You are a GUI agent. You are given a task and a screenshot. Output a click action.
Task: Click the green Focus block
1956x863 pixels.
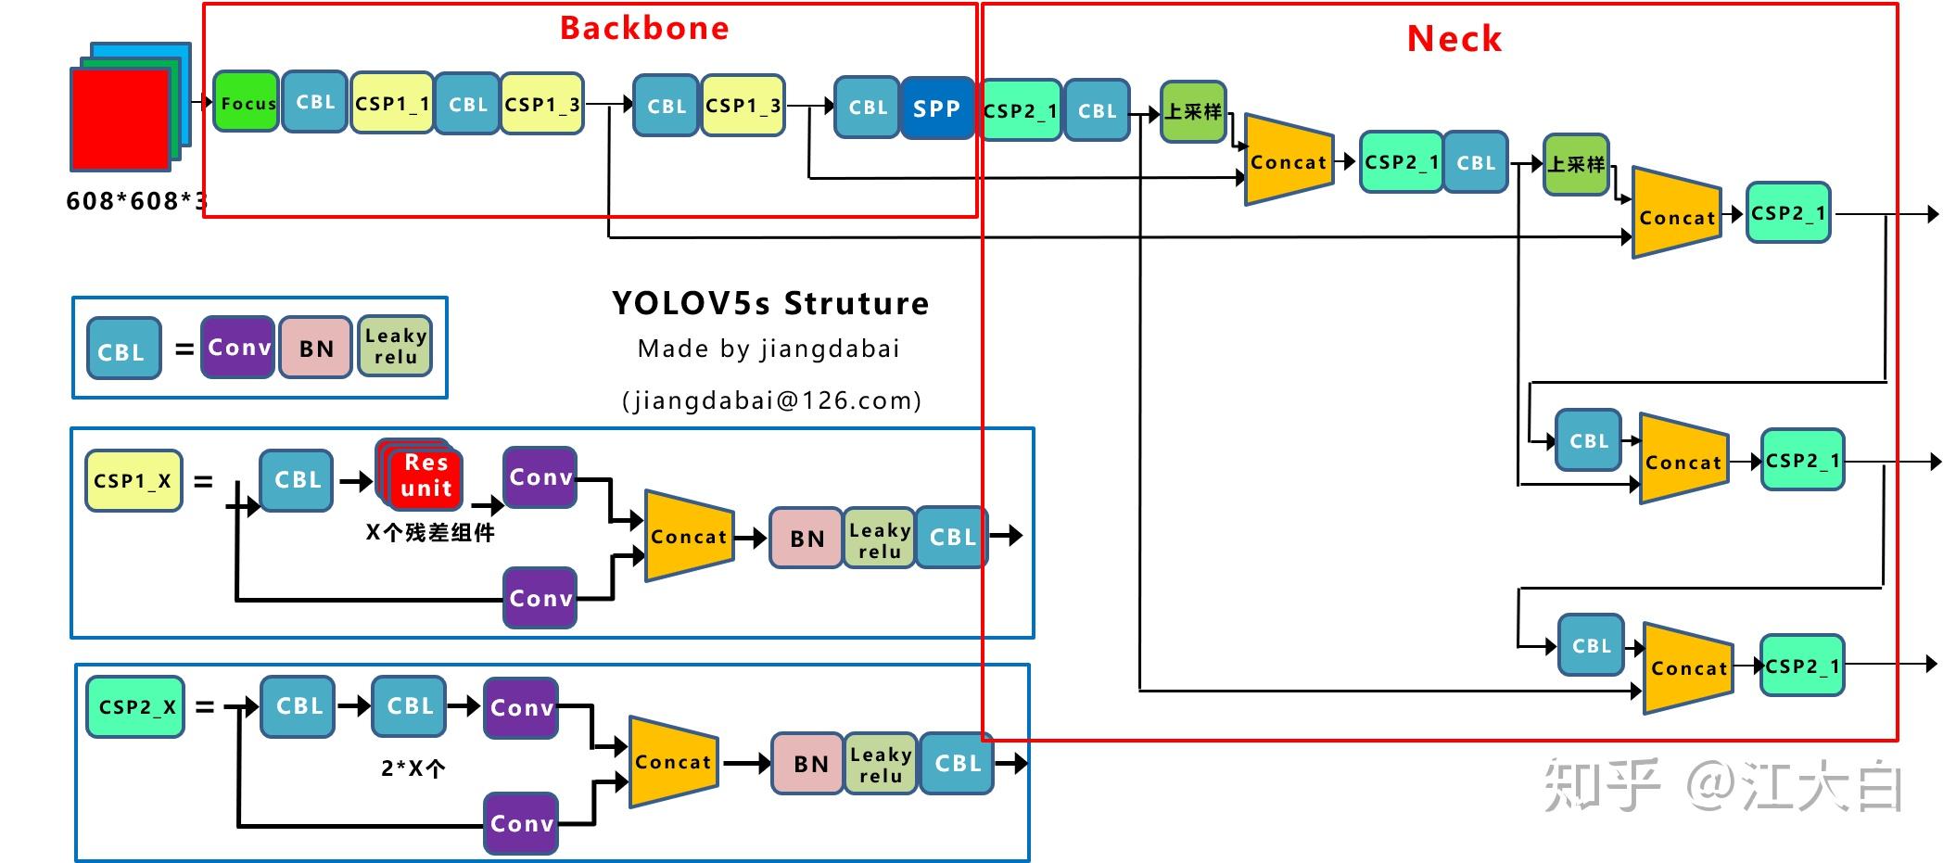click(246, 102)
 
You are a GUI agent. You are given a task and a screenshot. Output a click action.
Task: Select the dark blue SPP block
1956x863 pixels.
click(936, 108)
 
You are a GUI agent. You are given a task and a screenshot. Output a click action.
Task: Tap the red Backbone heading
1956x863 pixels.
click(644, 29)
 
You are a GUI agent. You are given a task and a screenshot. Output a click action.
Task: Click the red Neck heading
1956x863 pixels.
click(1454, 39)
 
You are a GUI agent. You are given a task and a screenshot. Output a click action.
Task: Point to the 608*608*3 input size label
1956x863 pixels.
click(135, 201)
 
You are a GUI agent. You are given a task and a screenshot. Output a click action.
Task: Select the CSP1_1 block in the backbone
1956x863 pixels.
click(392, 103)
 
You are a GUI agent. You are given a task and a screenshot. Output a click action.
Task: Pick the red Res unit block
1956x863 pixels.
click(425, 476)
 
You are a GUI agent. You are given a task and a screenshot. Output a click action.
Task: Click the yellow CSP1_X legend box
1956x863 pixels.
click(133, 481)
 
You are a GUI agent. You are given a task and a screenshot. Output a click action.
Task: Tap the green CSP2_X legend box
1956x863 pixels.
click(136, 706)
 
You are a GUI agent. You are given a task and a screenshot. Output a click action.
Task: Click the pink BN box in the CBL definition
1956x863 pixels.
click(316, 348)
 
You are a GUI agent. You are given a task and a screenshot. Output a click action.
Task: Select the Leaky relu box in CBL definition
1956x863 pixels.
click(395, 347)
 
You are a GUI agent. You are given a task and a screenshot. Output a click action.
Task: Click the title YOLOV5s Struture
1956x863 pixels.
click(769, 304)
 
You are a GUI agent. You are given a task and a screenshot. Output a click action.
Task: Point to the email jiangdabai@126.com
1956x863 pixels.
click(771, 400)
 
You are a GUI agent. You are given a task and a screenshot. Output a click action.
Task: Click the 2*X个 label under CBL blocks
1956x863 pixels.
click(413, 768)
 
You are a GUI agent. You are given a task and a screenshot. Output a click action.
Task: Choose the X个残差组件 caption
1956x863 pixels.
click(430, 533)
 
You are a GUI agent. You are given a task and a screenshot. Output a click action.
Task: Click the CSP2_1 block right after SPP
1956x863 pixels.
click(1020, 110)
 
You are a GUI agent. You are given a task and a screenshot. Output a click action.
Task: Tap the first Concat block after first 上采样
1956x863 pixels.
click(1289, 161)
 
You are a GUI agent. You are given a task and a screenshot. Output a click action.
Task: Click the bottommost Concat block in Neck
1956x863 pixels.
click(1688, 668)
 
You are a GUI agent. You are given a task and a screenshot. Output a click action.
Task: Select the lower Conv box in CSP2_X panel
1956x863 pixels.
click(521, 823)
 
